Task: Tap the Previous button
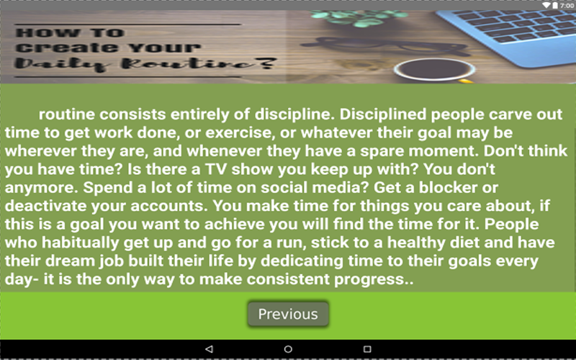point(288,314)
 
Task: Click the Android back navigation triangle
point(209,349)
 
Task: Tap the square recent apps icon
point(367,349)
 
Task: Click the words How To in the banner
point(70,32)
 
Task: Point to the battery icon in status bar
point(555,5)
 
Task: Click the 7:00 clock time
point(567,6)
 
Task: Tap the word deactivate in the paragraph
point(45,206)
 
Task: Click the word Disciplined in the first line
point(383,114)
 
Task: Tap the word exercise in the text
point(240,132)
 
